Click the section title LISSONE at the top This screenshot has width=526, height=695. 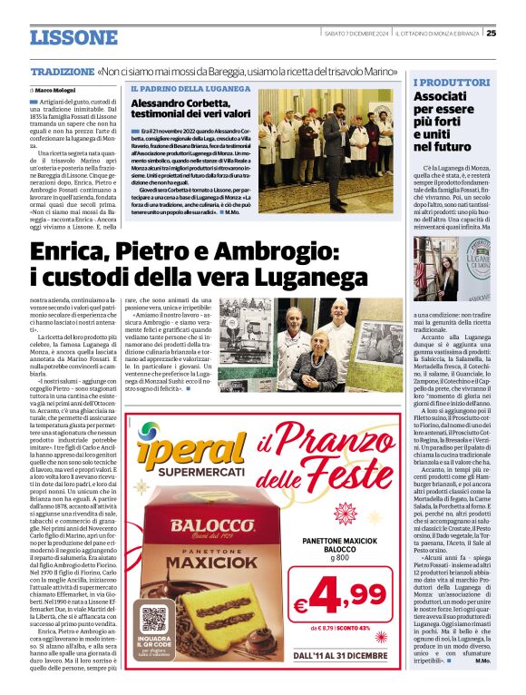tap(73, 37)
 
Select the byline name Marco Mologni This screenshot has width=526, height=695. tap(56, 90)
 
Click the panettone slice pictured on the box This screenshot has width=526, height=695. tap(222, 600)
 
